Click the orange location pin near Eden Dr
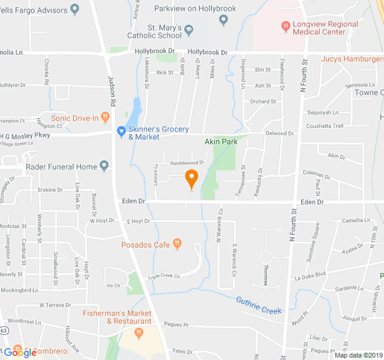pyautogui.click(x=191, y=178)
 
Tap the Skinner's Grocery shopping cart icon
pyautogui.click(x=121, y=130)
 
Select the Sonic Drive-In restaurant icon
pyautogui.click(x=105, y=117)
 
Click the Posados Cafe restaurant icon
pyautogui.click(x=177, y=244)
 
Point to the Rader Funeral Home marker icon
pyautogui.click(x=104, y=166)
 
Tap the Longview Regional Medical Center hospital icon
pyautogui.click(x=286, y=27)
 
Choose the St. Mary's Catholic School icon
pyautogui.click(x=189, y=28)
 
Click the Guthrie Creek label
pyautogui.click(x=259, y=305)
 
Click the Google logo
pyautogui.click(x=19, y=353)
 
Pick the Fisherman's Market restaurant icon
pyautogui.click(x=139, y=332)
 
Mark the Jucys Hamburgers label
pyautogui.click(x=352, y=59)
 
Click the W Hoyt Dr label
pyautogui.click(x=101, y=221)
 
